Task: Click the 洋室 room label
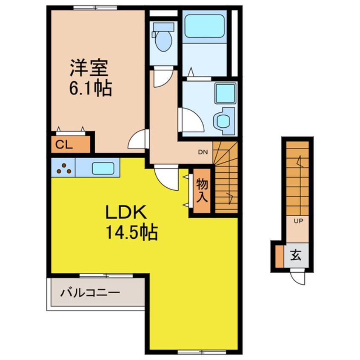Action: pyautogui.click(x=89, y=68)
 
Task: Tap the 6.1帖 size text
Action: pyautogui.click(x=91, y=88)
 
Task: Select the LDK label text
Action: pyautogui.click(x=126, y=212)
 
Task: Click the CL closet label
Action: pyautogui.click(x=64, y=145)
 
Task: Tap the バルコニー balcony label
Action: pyautogui.click(x=90, y=293)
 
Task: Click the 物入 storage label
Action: pyautogui.click(x=202, y=191)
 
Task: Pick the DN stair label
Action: pyautogui.click(x=203, y=152)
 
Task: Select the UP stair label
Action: pyautogui.click(x=298, y=221)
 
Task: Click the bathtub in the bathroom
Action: pyautogui.click(x=204, y=26)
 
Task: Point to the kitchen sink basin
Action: pyautogui.click(x=103, y=169)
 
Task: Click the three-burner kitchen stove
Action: pyautogui.click(x=63, y=168)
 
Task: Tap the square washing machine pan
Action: pyautogui.click(x=225, y=94)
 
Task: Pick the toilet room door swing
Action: pyautogui.click(x=163, y=77)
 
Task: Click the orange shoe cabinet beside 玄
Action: pyautogui.click(x=280, y=257)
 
